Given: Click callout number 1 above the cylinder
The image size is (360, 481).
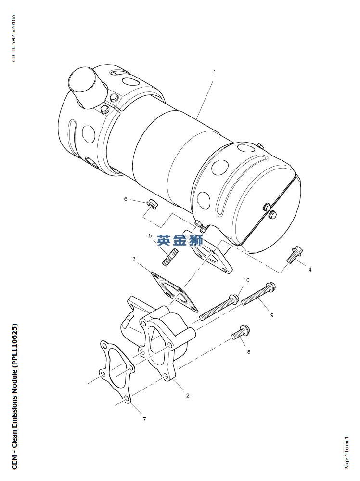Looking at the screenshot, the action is pyautogui.click(x=214, y=72).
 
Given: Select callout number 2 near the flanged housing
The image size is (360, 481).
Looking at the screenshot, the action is pyautogui.click(x=188, y=395).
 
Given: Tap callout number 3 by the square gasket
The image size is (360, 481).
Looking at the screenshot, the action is pyautogui.click(x=134, y=259).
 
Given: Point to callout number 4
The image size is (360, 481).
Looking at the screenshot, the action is pyautogui.click(x=310, y=269).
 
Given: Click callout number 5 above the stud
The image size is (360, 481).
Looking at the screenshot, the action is pyautogui.click(x=150, y=235).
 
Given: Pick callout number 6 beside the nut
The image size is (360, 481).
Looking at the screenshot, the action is pyautogui.click(x=126, y=199).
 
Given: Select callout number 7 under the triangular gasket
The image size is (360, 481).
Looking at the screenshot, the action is pyautogui.click(x=144, y=419).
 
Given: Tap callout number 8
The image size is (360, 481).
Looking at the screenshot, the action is pyautogui.click(x=249, y=351).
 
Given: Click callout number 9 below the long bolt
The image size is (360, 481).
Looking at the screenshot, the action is pyautogui.click(x=272, y=315).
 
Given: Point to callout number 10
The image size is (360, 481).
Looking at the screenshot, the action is pyautogui.click(x=246, y=280).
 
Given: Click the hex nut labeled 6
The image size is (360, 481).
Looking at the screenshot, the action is pyautogui.click(x=152, y=203).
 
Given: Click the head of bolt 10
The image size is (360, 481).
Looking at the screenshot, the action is pyautogui.click(x=234, y=299).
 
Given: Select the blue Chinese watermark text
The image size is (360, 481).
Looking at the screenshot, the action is pyautogui.click(x=180, y=241).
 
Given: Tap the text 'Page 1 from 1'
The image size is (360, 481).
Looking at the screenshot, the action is pyautogui.click(x=347, y=453).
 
